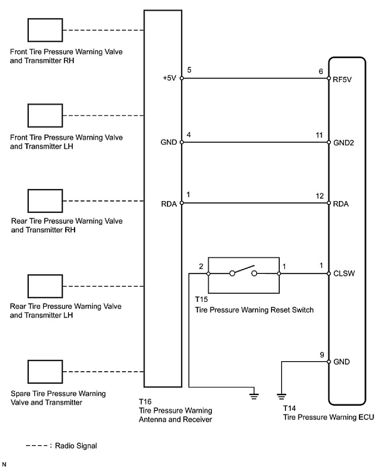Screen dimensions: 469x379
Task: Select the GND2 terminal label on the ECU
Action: (344, 142)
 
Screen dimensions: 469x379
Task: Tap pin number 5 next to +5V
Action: (189, 70)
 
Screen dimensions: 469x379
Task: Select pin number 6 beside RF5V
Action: (321, 71)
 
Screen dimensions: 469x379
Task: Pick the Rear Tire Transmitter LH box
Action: (46, 286)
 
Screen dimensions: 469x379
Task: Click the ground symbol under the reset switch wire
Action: (253, 394)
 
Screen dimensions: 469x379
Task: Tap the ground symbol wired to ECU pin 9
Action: (281, 394)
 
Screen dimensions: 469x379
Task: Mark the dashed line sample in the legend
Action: (37, 446)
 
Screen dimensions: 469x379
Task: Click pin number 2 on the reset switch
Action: (201, 266)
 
